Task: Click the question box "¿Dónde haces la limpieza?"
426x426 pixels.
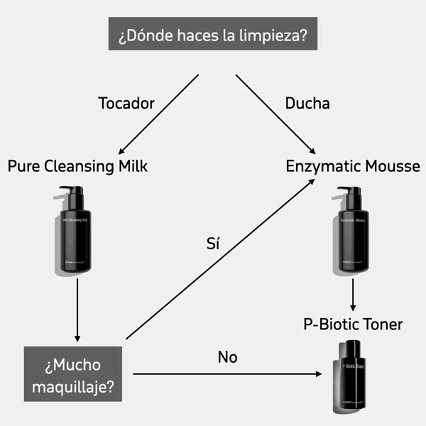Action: coord(213,33)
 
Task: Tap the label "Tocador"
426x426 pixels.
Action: coord(126,103)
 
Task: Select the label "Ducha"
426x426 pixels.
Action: coord(307,103)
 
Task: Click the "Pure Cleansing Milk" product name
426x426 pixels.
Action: coord(78,166)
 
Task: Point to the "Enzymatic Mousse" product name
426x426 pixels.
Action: coord(353,166)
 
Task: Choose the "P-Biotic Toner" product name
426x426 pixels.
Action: coord(353,324)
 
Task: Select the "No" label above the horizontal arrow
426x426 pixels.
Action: coord(227,357)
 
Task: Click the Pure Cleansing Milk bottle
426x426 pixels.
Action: coord(74,234)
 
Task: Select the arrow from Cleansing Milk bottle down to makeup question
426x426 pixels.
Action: coord(77,312)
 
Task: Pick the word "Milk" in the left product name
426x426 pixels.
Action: coord(134,166)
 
